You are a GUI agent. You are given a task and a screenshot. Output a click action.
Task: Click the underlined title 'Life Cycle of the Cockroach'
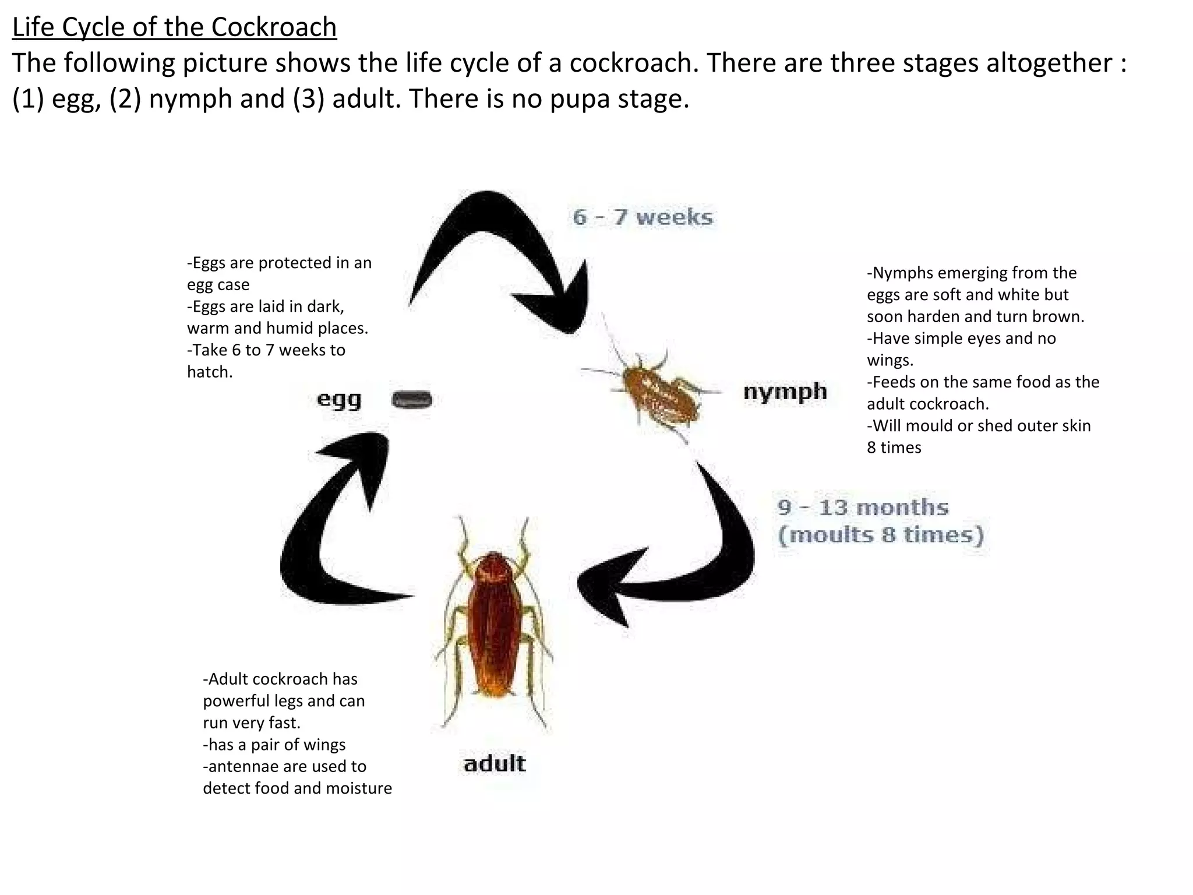(174, 27)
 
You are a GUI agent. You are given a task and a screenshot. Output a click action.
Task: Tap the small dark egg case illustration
(412, 400)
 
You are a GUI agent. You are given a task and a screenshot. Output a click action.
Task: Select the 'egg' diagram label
(339, 400)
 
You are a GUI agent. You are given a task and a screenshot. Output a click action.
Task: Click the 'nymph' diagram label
(785, 392)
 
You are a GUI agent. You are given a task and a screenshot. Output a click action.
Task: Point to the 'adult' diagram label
(495, 763)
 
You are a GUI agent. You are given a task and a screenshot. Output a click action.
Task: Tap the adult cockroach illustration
(495, 623)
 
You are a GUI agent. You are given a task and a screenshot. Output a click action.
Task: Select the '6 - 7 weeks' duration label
(643, 217)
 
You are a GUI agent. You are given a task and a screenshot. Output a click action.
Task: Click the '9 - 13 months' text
(863, 508)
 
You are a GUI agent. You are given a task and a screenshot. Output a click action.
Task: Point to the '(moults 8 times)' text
(881, 535)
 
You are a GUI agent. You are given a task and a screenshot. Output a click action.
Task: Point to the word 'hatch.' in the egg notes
(210, 372)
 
